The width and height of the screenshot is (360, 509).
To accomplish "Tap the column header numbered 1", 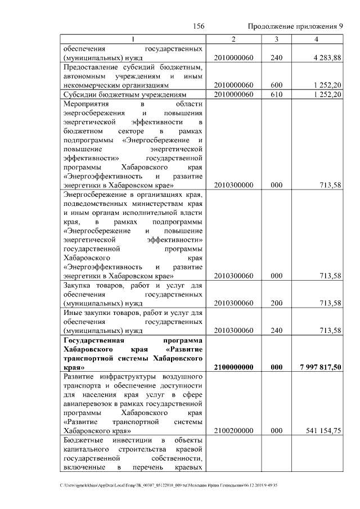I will pyautogui.click(x=133, y=38).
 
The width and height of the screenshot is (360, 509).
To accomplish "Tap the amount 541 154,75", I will pyautogui.click(x=323, y=431).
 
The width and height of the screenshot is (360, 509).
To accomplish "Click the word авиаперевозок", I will pyautogui.click(x=87, y=403).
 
